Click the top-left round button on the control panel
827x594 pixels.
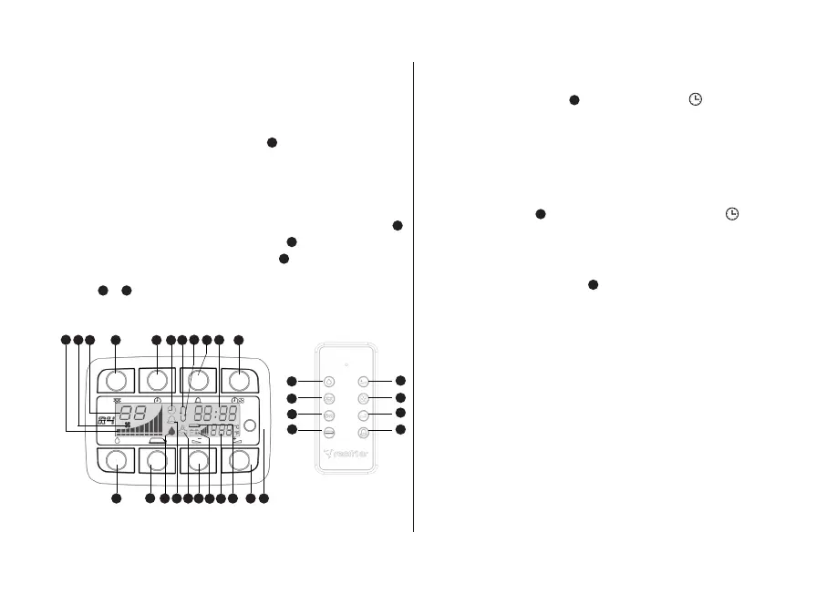115,380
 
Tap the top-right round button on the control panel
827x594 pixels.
239,380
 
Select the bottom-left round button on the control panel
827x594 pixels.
116,460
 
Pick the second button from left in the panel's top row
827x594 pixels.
158,380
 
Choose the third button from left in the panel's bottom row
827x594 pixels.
197,460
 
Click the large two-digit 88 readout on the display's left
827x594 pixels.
133,412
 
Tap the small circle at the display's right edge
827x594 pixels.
250,422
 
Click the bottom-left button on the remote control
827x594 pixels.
329,432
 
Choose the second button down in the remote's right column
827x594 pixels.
363,398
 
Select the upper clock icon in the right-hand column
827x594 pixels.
695,99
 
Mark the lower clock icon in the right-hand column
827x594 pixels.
731,213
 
